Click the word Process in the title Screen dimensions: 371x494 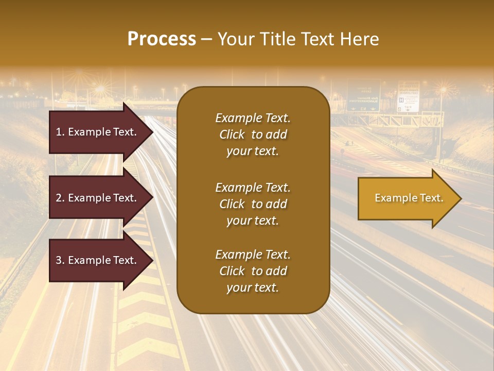click(x=162, y=39)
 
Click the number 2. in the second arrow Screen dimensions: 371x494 click(x=60, y=198)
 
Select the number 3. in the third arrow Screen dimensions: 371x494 click(x=60, y=261)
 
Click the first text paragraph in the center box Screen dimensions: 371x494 click(x=253, y=134)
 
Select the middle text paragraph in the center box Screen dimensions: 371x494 click(x=253, y=204)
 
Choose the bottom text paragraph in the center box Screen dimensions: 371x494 click(x=253, y=271)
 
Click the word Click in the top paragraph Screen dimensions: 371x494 click(x=232, y=134)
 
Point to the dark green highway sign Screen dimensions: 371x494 click(x=363, y=96)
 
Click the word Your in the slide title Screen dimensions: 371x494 click(x=234, y=39)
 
